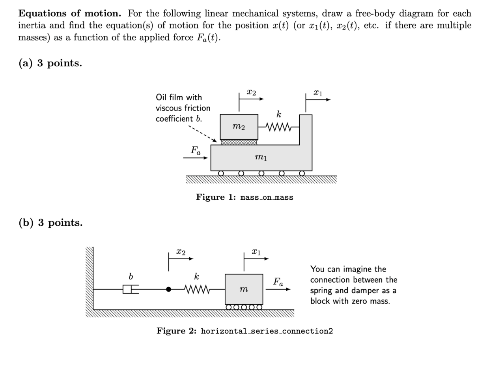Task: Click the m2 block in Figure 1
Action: click(x=239, y=127)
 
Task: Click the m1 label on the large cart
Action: click(x=261, y=157)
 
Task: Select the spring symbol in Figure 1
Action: click(x=278, y=127)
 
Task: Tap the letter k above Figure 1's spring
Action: click(x=279, y=115)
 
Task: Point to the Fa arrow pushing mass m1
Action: click(x=196, y=158)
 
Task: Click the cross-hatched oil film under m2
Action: click(x=239, y=142)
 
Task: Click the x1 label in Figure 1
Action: click(x=318, y=93)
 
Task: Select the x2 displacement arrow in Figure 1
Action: click(x=251, y=99)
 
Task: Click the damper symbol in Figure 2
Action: click(x=130, y=289)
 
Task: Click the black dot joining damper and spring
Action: click(x=169, y=289)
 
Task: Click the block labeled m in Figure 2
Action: click(x=244, y=289)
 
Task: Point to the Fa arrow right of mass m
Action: click(x=278, y=289)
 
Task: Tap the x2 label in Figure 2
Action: click(x=181, y=252)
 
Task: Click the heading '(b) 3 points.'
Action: click(x=50, y=223)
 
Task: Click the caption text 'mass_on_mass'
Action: click(x=267, y=197)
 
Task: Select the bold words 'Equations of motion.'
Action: click(x=70, y=14)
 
